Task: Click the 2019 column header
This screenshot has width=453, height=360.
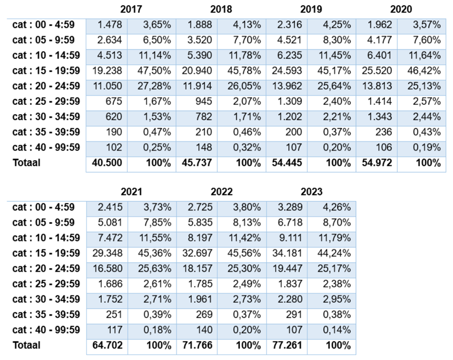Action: point(311,9)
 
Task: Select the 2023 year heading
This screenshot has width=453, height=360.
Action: point(311,192)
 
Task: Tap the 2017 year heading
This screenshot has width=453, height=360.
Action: point(131,9)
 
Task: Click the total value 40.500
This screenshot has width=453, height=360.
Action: point(108,162)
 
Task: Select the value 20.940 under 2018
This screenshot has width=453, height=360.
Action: point(197,71)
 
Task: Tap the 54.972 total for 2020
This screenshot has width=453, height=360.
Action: point(378,162)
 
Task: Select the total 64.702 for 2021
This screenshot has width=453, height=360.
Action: point(108,345)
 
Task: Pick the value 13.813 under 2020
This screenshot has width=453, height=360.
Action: point(378,86)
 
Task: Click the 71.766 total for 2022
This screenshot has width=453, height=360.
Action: point(197,345)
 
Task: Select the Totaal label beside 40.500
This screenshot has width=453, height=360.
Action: point(26,162)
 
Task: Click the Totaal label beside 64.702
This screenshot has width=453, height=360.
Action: point(26,345)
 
